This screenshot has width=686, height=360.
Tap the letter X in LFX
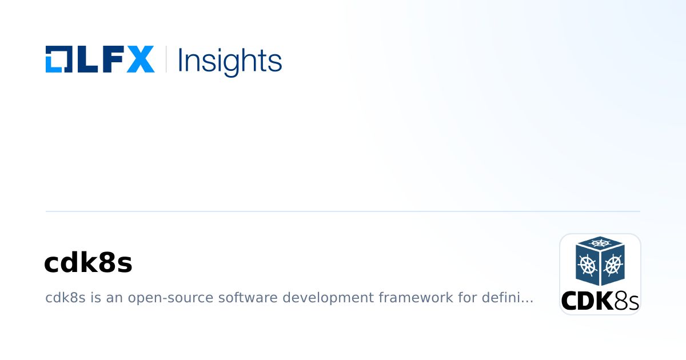point(141,59)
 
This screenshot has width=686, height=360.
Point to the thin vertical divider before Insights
point(166,59)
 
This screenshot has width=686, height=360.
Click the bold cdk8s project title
point(88,263)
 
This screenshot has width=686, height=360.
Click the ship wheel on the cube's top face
point(600,243)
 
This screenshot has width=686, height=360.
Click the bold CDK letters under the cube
point(587,301)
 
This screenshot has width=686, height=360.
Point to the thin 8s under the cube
point(627,301)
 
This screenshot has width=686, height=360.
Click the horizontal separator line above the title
point(343,211)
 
